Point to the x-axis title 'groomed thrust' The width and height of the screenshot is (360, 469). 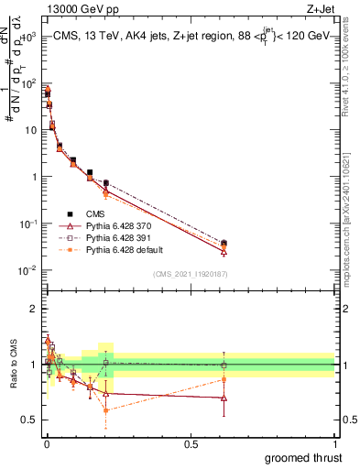(x=303, y=457)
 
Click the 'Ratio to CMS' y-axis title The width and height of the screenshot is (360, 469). (x=12, y=364)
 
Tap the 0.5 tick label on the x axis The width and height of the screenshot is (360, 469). (x=191, y=444)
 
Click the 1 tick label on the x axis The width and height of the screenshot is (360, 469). (x=335, y=444)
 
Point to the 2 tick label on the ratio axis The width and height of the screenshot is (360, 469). (x=34, y=309)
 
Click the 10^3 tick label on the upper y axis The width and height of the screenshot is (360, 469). (x=28, y=37)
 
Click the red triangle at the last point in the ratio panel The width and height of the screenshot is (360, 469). (x=224, y=398)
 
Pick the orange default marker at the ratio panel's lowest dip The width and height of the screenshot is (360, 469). (x=106, y=409)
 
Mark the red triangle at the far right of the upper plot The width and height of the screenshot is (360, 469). (x=224, y=252)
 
